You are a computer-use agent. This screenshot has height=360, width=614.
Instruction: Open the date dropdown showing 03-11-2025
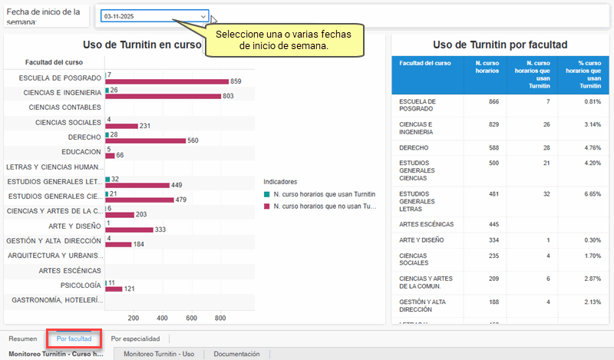pyautogui.click(x=154, y=16)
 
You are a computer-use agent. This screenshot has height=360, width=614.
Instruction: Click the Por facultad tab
pyautogui.click(x=74, y=338)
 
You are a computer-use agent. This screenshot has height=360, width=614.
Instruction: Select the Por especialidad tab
pyautogui.click(x=135, y=338)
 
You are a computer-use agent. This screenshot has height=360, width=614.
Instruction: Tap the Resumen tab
pyautogui.click(x=22, y=338)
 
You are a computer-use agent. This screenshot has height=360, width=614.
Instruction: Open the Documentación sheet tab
pyautogui.click(x=236, y=354)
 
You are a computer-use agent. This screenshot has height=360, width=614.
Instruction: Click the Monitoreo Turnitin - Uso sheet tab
pyautogui.click(x=159, y=354)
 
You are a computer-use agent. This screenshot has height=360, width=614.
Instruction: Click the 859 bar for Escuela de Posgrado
pyautogui.click(x=167, y=81)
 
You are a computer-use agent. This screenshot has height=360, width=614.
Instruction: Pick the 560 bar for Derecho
pyautogui.click(x=145, y=140)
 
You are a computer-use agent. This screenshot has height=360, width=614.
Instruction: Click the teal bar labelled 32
pyautogui.click(x=107, y=178)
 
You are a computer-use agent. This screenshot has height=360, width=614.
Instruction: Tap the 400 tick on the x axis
pyautogui.click(x=162, y=318)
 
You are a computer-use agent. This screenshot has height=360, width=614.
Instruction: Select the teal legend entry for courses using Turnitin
pyautogui.click(x=319, y=194)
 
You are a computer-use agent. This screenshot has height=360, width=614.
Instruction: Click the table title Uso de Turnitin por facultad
pyautogui.click(x=500, y=45)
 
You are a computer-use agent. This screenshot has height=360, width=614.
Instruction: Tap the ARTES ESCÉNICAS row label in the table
pyautogui.click(x=426, y=224)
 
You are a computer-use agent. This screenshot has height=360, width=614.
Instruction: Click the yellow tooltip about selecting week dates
pyautogui.click(x=282, y=41)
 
